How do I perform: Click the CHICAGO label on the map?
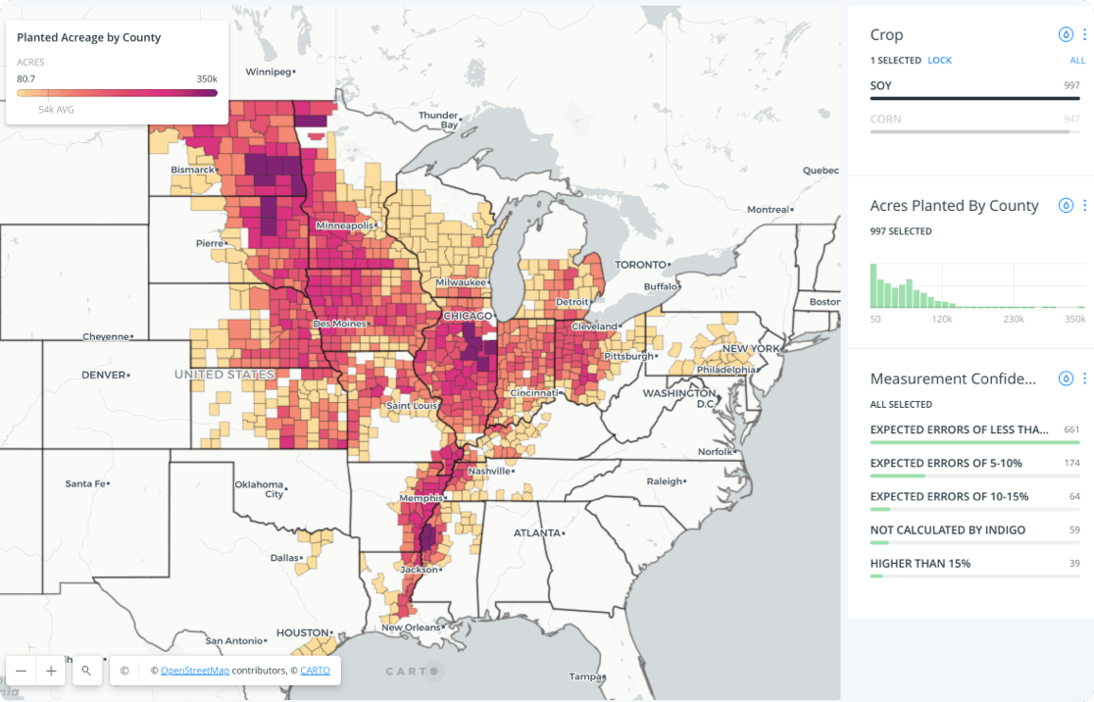pyautogui.click(x=468, y=317)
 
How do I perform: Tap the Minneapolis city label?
pyautogui.click(x=344, y=226)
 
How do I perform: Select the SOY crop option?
pyautogui.click(x=881, y=85)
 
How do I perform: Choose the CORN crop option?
pyautogui.click(x=886, y=119)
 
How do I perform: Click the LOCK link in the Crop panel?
pyautogui.click(x=939, y=61)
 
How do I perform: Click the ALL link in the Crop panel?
pyautogui.click(x=1077, y=61)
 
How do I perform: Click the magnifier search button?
pyautogui.click(x=86, y=671)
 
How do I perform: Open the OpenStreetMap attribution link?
pyautogui.click(x=195, y=671)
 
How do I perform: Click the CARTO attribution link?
pyautogui.click(x=315, y=671)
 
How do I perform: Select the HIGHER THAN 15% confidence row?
pyautogui.click(x=920, y=563)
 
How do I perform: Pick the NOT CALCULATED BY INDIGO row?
pyautogui.click(x=947, y=529)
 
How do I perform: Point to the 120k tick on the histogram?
pyautogui.click(x=942, y=320)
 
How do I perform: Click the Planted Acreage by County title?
pyautogui.click(x=89, y=37)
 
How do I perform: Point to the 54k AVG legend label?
pyautogui.click(x=56, y=110)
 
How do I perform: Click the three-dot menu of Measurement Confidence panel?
pyautogui.click(x=1084, y=378)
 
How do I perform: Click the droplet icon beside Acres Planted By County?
pyautogui.click(x=1066, y=206)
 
